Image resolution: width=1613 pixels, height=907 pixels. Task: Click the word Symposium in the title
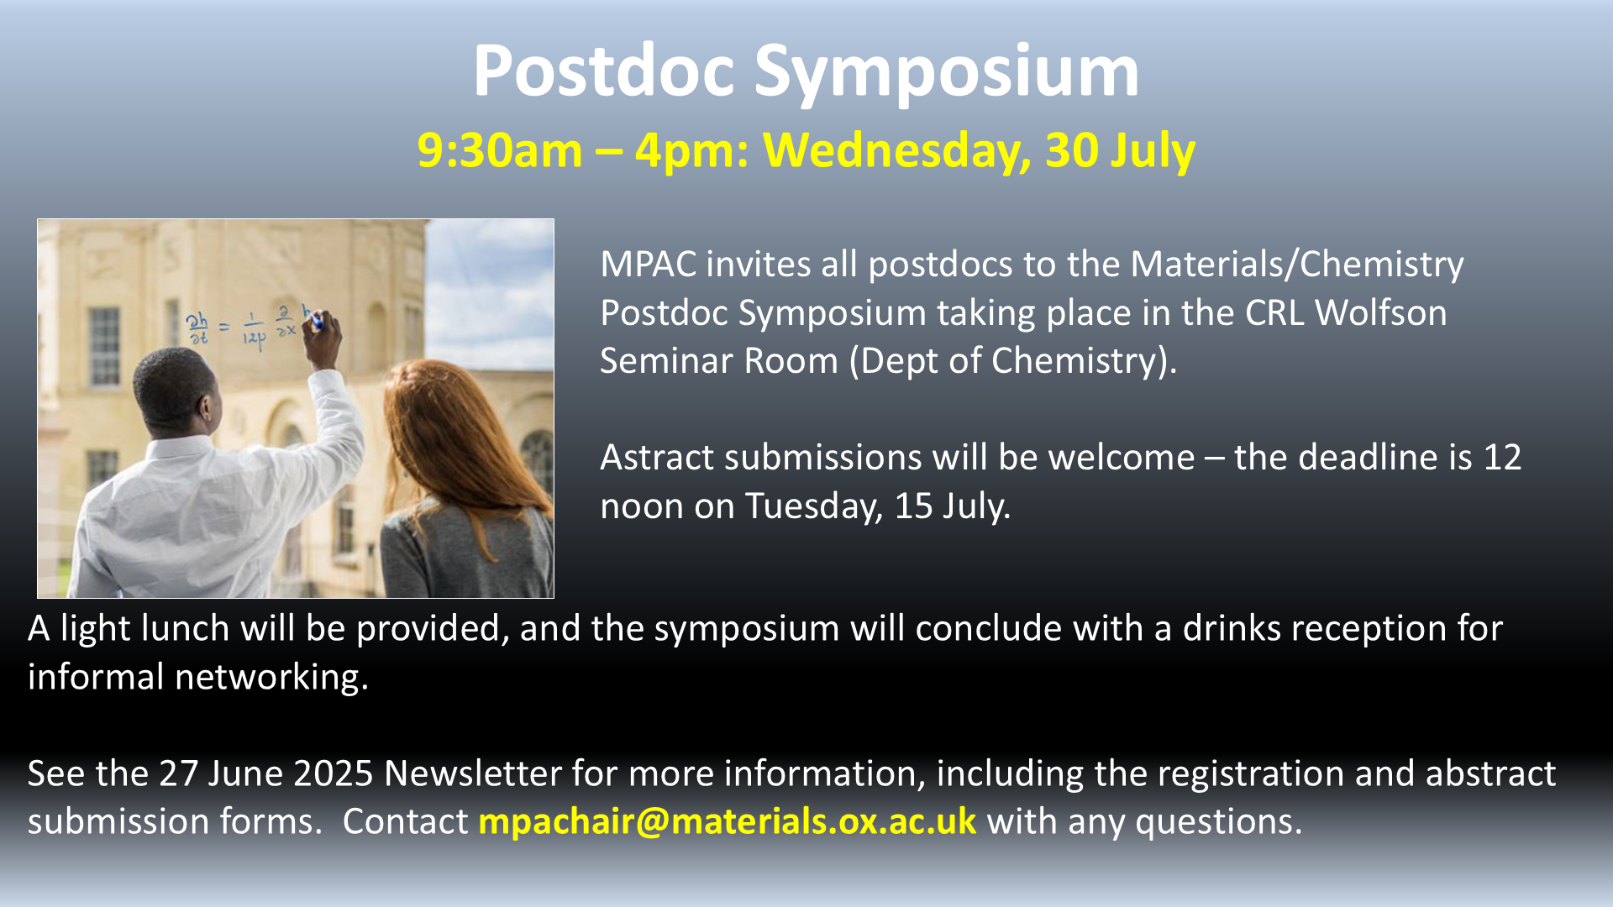click(x=946, y=73)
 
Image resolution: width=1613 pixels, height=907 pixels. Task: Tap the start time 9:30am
click(x=500, y=150)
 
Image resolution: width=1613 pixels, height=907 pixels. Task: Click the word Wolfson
click(x=1381, y=313)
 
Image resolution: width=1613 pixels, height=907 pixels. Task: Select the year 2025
click(x=334, y=773)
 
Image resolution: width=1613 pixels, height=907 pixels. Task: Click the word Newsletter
click(x=473, y=773)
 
